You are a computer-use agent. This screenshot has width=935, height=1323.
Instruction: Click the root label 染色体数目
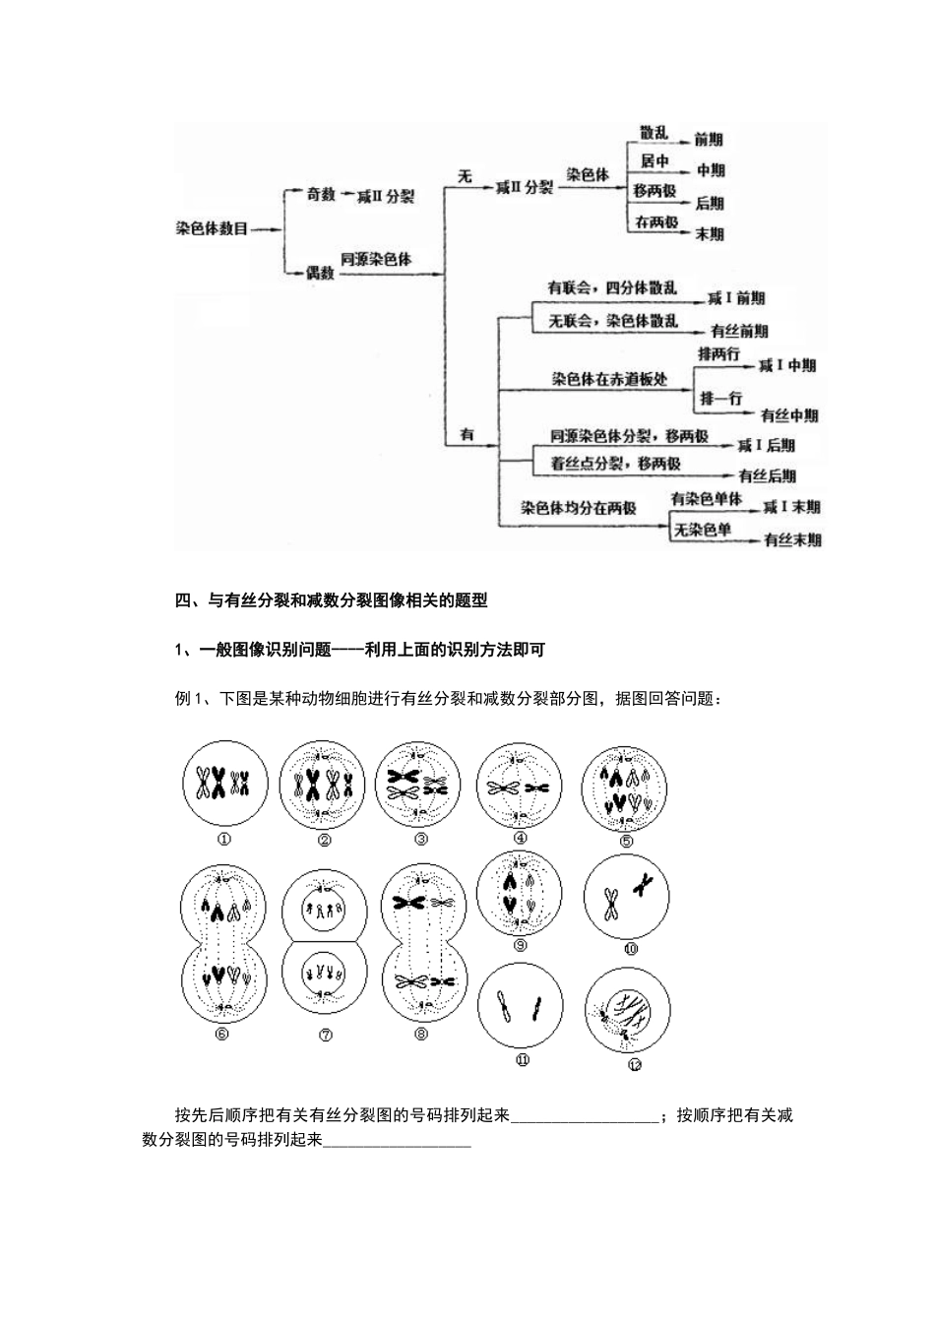[x=212, y=229]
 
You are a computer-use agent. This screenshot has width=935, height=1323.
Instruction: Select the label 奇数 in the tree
[x=321, y=196]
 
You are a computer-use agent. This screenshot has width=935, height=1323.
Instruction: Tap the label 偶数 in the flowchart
[x=320, y=273]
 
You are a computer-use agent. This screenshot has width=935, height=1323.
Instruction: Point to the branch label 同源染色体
[x=376, y=260]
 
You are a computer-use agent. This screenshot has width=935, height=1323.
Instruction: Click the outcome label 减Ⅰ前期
[x=736, y=298]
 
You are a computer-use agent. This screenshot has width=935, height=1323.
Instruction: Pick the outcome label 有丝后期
[x=767, y=475]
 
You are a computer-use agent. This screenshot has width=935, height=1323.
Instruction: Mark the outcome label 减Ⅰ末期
[x=791, y=508]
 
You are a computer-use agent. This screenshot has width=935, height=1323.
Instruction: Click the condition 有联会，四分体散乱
[x=612, y=288]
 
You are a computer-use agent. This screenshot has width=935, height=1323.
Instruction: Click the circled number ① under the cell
[x=224, y=839]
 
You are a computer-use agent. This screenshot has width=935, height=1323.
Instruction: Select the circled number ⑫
[x=634, y=1064]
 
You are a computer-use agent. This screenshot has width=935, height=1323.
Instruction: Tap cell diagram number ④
[x=519, y=785]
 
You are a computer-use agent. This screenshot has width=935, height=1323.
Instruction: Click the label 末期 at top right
[x=709, y=234]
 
